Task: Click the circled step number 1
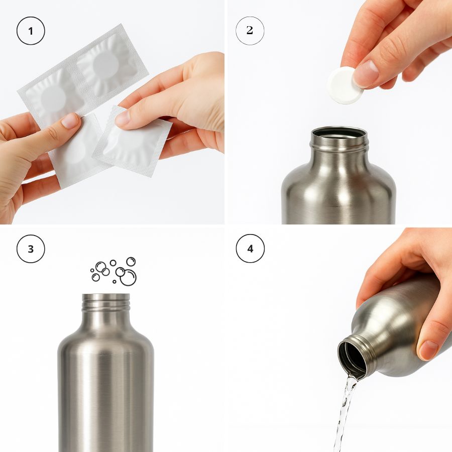click(x=31, y=31)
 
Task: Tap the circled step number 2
click(x=250, y=31)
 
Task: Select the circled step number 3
click(x=31, y=249)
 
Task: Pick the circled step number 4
click(x=250, y=249)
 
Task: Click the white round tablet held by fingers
click(x=344, y=85)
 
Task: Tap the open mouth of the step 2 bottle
click(x=339, y=134)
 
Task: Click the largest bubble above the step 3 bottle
click(x=128, y=277)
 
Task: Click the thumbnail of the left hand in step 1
click(x=69, y=121)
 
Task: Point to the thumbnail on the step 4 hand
click(x=428, y=350)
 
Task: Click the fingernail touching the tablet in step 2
click(x=366, y=73)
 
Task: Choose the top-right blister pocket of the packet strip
click(x=106, y=63)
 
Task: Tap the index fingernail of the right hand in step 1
click(x=122, y=118)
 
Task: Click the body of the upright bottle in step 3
click(x=106, y=392)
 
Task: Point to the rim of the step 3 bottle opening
click(x=106, y=297)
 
